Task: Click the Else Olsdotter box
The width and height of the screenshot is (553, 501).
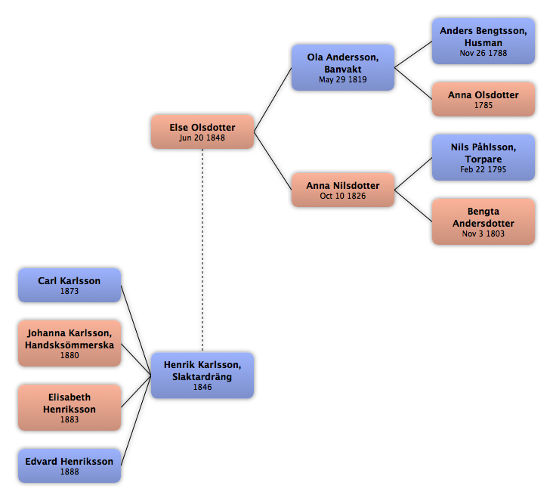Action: [x=202, y=131]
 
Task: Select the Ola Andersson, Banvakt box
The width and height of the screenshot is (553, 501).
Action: [x=343, y=67]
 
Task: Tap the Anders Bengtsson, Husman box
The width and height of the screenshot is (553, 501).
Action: [x=483, y=42]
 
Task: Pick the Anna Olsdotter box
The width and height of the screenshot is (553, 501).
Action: [x=483, y=99]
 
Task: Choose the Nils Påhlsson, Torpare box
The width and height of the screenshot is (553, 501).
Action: [x=483, y=157]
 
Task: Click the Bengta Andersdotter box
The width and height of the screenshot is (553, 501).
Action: [x=483, y=221]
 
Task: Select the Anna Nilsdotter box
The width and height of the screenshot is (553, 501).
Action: [x=343, y=190]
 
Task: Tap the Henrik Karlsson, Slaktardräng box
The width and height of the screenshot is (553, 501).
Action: [x=202, y=376]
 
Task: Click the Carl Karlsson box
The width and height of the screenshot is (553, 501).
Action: [x=70, y=285]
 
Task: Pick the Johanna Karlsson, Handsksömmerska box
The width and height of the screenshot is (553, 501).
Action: [x=70, y=343]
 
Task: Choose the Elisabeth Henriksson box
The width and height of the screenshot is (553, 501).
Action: [x=70, y=407]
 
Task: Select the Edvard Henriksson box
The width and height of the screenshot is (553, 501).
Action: [x=70, y=465]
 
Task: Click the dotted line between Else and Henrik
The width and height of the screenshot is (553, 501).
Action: [x=202, y=250]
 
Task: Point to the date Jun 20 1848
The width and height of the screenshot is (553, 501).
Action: [x=202, y=138]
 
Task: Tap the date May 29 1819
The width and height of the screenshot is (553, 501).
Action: [x=343, y=79]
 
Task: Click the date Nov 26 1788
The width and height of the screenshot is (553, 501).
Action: [x=483, y=53]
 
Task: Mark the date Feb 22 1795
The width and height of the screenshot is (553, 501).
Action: [x=483, y=169]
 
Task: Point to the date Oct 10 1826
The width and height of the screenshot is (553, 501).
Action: [x=343, y=196]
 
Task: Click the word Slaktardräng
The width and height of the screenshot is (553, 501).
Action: [x=202, y=377]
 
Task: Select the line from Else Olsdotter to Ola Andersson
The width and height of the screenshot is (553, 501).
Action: [x=273, y=100]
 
